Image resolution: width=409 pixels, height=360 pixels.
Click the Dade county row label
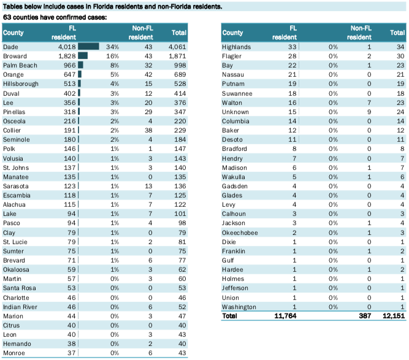pyautogui.click(x=10, y=47)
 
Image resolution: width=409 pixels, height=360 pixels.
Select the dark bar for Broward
pyautogui.click(x=83, y=56)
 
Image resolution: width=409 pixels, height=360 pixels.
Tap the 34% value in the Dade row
pyautogui.click(x=112, y=47)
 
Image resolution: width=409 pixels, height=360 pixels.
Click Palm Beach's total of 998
pyautogui.click(x=180, y=65)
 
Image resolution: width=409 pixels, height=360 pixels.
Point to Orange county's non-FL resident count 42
pyautogui.click(x=148, y=75)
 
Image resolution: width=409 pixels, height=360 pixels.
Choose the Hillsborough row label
pyautogui.click(x=21, y=84)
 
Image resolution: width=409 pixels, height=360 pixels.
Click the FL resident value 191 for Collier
pyautogui.click(x=70, y=130)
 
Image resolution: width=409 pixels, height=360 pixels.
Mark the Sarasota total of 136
pyautogui.click(x=180, y=186)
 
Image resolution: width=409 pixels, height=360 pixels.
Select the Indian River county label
pyautogui.click(x=20, y=307)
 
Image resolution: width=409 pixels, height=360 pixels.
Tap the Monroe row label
pyautogui.click(x=14, y=353)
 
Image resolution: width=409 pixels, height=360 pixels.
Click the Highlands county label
pyautogui.click(x=236, y=47)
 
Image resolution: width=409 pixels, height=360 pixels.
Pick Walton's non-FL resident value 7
pyautogui.click(x=369, y=102)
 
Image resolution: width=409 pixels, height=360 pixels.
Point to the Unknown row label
pyautogui.click(x=235, y=112)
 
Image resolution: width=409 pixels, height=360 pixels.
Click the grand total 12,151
pyautogui.click(x=394, y=316)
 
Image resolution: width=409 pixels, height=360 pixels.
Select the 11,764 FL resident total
pyautogui.click(x=285, y=316)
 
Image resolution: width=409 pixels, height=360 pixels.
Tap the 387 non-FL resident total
pyautogui.click(x=365, y=316)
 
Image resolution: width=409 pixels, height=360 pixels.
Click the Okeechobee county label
pyautogui.click(x=240, y=232)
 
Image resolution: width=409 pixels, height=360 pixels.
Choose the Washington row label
pyautogui.click(x=239, y=307)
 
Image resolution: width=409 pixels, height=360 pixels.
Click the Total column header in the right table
pyautogui.click(x=397, y=33)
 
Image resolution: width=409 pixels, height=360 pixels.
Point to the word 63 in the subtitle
pyautogui.click(x=7, y=17)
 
